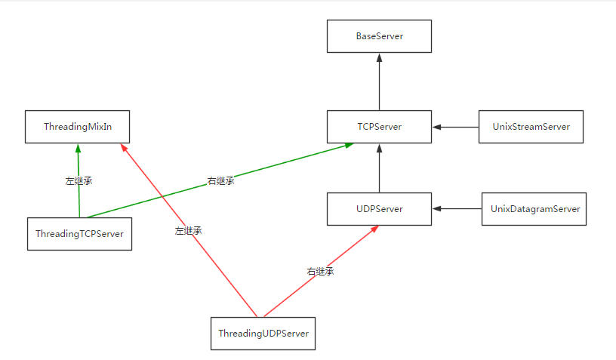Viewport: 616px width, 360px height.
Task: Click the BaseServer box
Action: pos(379,36)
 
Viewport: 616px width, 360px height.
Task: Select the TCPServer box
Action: pos(379,127)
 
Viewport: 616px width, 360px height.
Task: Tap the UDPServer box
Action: pos(379,209)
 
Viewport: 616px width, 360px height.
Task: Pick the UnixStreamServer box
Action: pos(531,127)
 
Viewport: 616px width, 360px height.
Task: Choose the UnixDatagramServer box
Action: pos(534,209)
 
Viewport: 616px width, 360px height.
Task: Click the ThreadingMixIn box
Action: pos(78,127)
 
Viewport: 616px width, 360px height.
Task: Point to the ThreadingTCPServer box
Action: pos(79,234)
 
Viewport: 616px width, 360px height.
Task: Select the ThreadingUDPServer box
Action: pos(263,333)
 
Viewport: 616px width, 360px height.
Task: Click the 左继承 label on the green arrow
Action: pos(79,181)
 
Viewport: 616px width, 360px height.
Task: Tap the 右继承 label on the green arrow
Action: pos(220,181)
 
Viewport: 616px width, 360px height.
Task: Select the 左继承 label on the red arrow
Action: pos(188,231)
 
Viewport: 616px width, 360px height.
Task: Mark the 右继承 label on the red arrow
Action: pos(320,272)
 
